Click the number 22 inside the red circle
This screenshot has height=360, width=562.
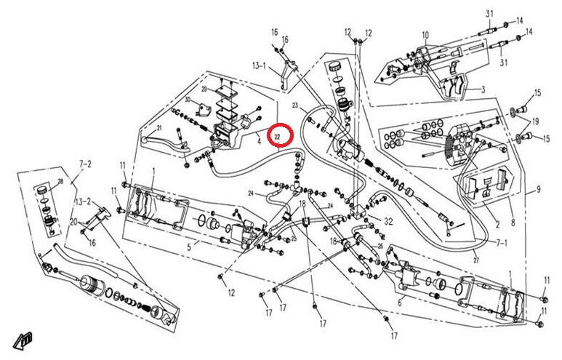(278, 135)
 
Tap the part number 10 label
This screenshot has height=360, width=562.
(425, 34)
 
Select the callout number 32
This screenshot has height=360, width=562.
(388, 221)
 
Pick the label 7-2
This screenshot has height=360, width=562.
(86, 165)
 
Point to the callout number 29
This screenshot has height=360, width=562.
(204, 89)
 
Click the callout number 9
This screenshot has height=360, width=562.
(539, 190)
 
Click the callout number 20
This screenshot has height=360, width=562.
(73, 221)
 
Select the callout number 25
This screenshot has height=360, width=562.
(294, 238)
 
